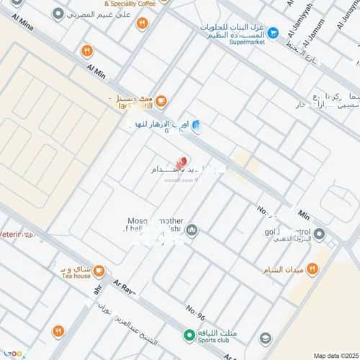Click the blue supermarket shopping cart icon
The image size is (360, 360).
pos(273,32)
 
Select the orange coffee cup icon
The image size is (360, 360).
pos(161,101)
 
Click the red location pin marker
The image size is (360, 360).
pos(181,163)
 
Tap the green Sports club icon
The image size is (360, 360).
pos(189,335)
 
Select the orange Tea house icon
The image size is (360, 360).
pos(99,271)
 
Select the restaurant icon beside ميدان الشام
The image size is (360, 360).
pos(312,269)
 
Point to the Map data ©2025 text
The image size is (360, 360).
pos(334,354)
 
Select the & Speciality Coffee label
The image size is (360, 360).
pos(130,4)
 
